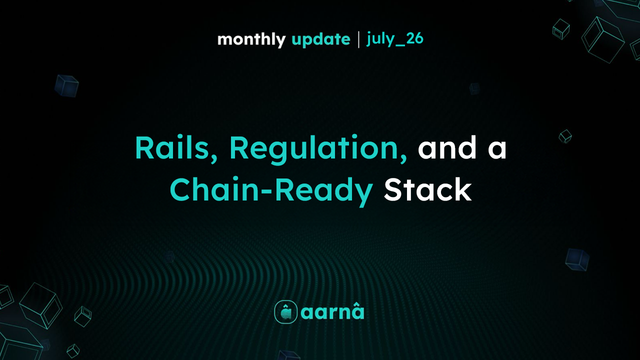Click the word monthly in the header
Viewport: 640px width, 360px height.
[x=251, y=39]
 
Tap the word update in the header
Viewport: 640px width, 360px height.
[x=321, y=39]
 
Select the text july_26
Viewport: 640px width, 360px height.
[x=395, y=39]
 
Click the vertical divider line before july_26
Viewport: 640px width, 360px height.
[x=358, y=39]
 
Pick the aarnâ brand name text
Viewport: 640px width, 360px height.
[x=332, y=311]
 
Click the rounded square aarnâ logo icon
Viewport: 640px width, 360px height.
[x=285, y=312]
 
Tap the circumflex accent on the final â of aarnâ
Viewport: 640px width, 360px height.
[x=357, y=306]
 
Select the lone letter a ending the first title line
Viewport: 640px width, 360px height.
[x=497, y=150]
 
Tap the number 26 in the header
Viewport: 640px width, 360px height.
[x=414, y=38]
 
